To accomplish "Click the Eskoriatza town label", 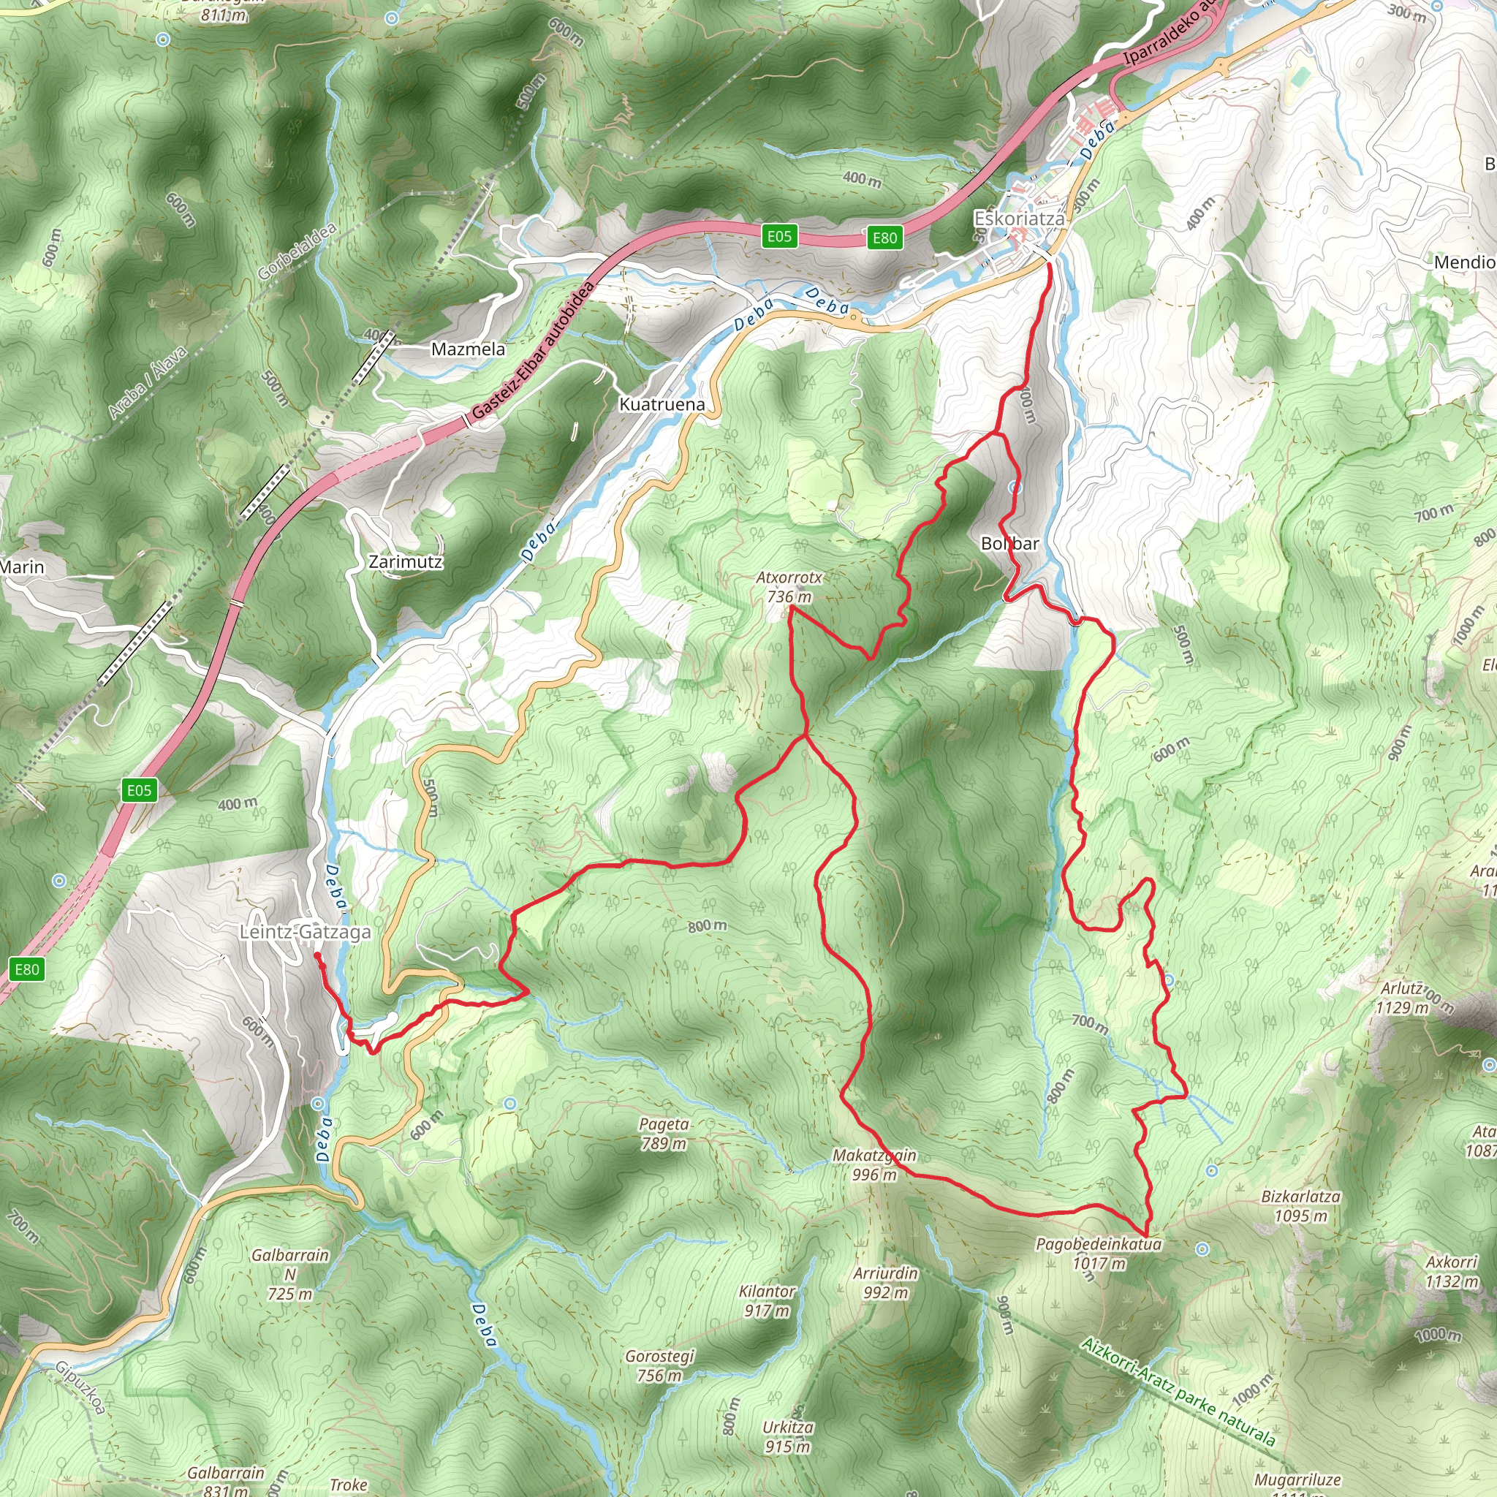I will click(x=1019, y=219).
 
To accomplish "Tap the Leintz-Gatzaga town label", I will click(x=305, y=932).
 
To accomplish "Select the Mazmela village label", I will click(x=468, y=349).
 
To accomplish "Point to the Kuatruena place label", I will click(x=662, y=403).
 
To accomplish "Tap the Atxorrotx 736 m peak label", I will click(x=789, y=586).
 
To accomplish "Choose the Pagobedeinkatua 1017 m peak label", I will click(x=1099, y=1254).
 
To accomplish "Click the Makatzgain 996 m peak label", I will click(x=874, y=1164).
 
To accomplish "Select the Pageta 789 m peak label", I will click(x=663, y=1134).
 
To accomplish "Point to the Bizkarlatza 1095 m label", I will click(x=1301, y=1205).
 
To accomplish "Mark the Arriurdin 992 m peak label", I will click(x=885, y=1282).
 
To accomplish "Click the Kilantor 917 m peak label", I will click(x=767, y=1301).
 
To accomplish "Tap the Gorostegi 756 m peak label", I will click(x=659, y=1365).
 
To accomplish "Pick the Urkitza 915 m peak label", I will click(x=787, y=1436).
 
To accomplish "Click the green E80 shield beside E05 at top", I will click(x=884, y=238).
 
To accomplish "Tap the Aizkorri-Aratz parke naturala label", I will click(x=1178, y=1392).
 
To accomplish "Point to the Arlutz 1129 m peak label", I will click(x=1403, y=998).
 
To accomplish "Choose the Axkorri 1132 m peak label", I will click(x=1451, y=1272).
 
